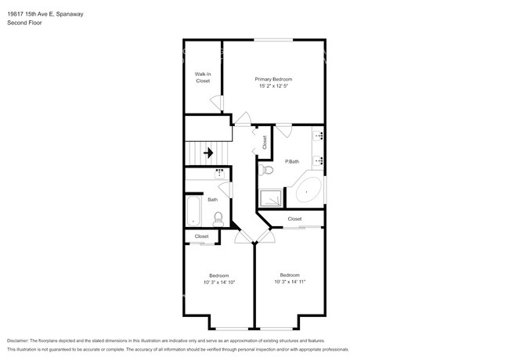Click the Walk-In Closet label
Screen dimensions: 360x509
(x=203, y=77)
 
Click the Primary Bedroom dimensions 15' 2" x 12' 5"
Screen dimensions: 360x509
(x=273, y=86)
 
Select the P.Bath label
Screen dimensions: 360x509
(x=292, y=161)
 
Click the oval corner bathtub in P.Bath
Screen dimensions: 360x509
(x=308, y=192)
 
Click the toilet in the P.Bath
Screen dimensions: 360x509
(x=267, y=168)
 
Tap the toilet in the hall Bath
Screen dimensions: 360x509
(x=219, y=218)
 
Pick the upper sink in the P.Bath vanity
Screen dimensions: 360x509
(x=319, y=135)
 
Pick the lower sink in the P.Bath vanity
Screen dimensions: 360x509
(x=319, y=160)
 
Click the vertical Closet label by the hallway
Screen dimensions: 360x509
(x=265, y=142)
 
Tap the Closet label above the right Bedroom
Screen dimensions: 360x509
(x=294, y=219)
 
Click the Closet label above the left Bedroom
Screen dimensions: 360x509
(x=201, y=236)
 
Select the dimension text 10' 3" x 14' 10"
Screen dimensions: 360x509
(x=218, y=282)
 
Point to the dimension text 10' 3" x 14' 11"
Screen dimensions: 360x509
(x=290, y=282)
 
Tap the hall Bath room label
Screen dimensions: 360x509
(x=212, y=200)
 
